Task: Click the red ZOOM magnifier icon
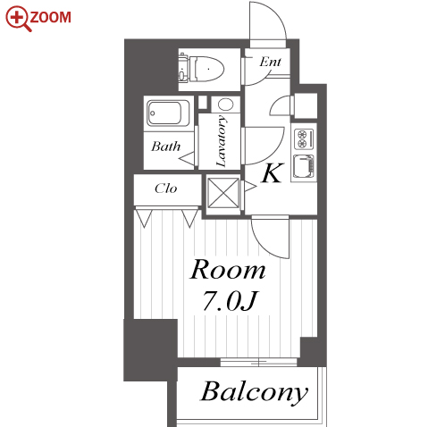coord(18,19)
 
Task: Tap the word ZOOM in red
coord(50,17)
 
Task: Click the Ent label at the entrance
coord(270,62)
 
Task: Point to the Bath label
coord(165,147)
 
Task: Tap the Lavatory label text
coord(222,141)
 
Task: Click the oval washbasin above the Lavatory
coord(225,105)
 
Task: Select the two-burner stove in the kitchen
coord(304,138)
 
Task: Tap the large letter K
coord(272,173)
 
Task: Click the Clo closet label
coord(166,188)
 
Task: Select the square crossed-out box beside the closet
coord(223,193)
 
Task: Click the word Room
coord(228,270)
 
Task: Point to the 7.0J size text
coord(230,301)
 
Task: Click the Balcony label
coord(254,391)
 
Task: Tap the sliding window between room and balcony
coord(258,363)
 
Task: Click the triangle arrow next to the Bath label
coord(187,158)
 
